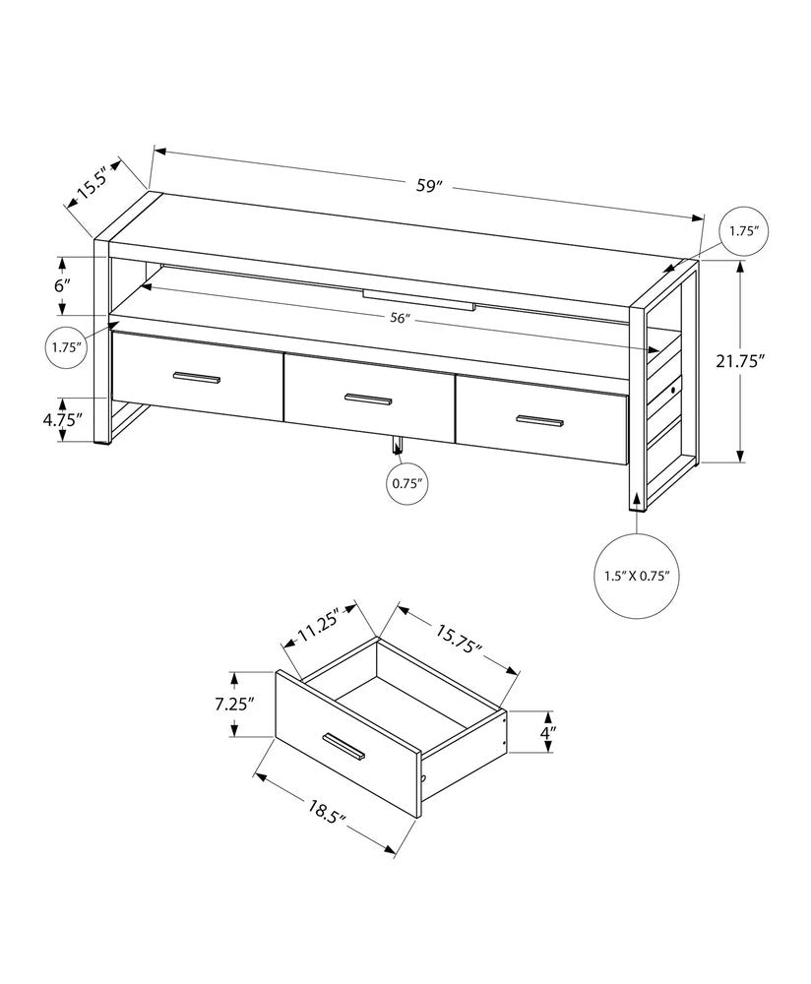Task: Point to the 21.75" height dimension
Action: (x=740, y=361)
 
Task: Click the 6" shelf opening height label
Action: (x=63, y=285)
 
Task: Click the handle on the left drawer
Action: (x=197, y=378)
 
